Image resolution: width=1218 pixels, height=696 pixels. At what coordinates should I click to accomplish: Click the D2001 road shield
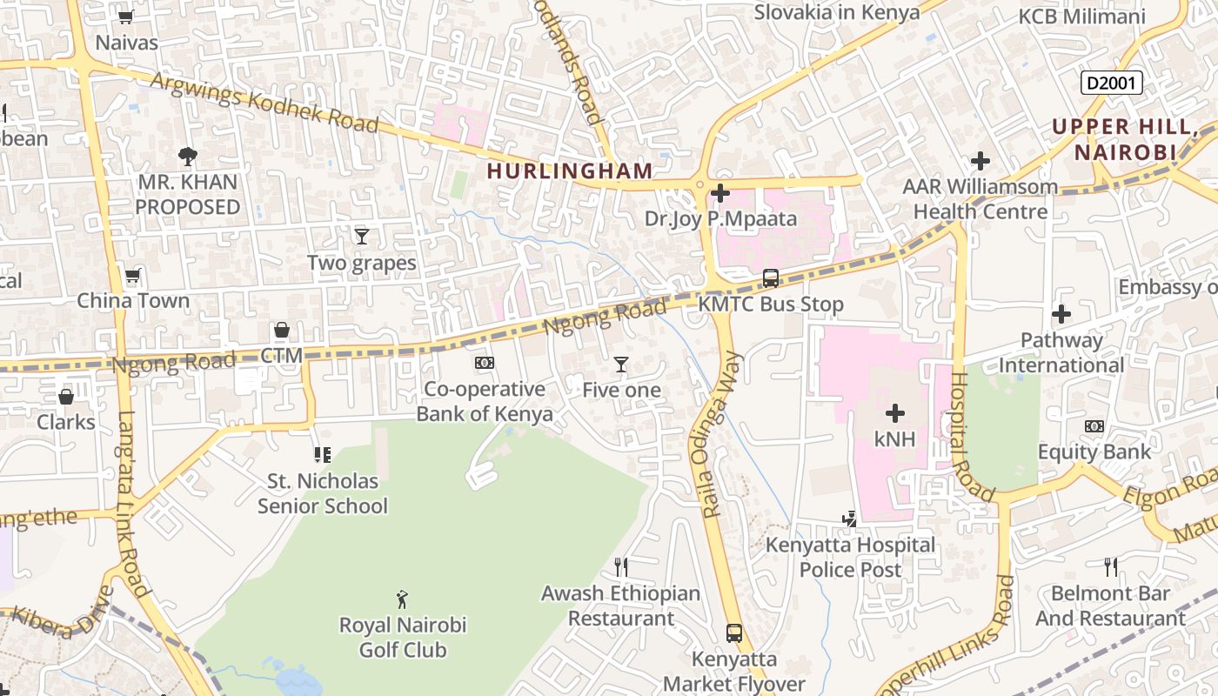pyautogui.click(x=1111, y=83)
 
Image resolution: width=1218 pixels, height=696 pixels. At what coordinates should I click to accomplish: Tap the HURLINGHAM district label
pyautogui.click(x=570, y=171)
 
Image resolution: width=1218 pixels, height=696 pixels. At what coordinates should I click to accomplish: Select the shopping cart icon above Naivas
pyautogui.click(x=126, y=17)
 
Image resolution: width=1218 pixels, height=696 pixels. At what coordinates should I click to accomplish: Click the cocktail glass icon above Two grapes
pyautogui.click(x=362, y=236)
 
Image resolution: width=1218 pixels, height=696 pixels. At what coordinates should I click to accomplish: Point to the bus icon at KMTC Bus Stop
pyautogui.click(x=771, y=278)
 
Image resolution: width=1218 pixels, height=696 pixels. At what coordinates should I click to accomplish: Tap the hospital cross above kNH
pyautogui.click(x=894, y=413)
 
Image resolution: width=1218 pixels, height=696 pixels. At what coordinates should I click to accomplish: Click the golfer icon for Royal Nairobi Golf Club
pyautogui.click(x=402, y=599)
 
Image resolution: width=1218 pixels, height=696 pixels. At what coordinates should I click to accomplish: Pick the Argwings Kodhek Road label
pyautogui.click(x=264, y=104)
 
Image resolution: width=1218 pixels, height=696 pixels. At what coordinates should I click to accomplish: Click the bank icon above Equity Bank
pyautogui.click(x=1094, y=426)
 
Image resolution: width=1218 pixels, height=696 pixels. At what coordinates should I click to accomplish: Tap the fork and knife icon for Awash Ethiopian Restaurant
pyautogui.click(x=621, y=567)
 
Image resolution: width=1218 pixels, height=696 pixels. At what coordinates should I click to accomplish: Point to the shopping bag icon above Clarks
pyautogui.click(x=66, y=397)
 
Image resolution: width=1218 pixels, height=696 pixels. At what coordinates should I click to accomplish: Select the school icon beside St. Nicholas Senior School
pyautogui.click(x=323, y=455)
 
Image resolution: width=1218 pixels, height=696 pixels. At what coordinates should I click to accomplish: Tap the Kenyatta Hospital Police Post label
pyautogui.click(x=850, y=557)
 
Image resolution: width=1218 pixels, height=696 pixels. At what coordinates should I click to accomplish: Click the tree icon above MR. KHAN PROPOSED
pyautogui.click(x=187, y=157)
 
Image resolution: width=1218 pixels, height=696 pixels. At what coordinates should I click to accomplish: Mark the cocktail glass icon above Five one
pyautogui.click(x=621, y=364)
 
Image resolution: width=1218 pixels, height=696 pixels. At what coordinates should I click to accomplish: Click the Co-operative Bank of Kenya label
pyautogui.click(x=485, y=401)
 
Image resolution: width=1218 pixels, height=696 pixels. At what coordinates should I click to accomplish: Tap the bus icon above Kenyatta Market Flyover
pyautogui.click(x=734, y=632)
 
